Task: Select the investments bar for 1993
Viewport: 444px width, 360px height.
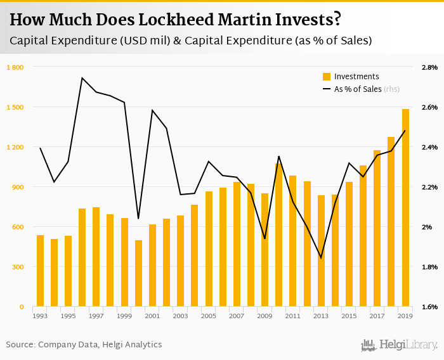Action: tap(41, 271)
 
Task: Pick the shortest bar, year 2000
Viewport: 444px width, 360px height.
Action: tap(139, 274)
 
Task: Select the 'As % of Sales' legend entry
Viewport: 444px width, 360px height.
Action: tap(358, 89)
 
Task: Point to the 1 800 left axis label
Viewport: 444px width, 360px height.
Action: tap(15, 67)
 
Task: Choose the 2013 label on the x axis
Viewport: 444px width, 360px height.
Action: tap(321, 316)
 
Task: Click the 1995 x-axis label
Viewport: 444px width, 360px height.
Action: tap(69, 316)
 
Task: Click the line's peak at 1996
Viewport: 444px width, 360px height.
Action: tap(82, 78)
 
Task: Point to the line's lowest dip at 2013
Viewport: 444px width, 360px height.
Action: tap(321, 258)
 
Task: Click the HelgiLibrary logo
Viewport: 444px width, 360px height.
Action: tap(399, 345)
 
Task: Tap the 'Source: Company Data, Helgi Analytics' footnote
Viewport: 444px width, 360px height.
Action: tap(84, 345)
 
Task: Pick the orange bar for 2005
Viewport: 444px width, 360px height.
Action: tap(209, 249)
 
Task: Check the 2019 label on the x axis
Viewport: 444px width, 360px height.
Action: tap(405, 316)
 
